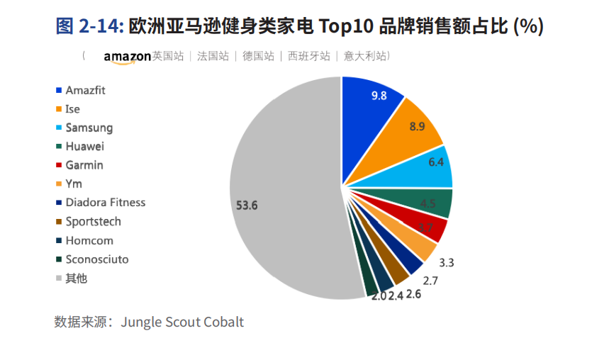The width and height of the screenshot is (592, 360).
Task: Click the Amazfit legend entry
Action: [85, 91]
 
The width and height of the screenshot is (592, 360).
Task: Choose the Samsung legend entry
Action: [89, 128]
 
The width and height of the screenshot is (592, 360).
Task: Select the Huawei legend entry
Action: [84, 147]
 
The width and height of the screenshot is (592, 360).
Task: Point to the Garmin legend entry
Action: [84, 165]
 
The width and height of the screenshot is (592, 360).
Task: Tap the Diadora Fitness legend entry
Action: [105, 203]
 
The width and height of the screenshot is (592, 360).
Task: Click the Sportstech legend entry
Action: [93, 221]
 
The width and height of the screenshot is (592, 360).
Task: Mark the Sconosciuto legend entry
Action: [97, 259]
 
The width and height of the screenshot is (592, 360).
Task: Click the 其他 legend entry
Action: [76, 279]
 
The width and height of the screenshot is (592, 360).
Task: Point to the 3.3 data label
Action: [447, 263]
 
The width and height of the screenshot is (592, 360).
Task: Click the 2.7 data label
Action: [430, 281]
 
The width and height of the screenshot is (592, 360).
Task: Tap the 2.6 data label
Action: [413, 293]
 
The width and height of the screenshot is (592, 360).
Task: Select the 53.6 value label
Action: [247, 206]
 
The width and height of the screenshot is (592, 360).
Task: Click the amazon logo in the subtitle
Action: [127, 57]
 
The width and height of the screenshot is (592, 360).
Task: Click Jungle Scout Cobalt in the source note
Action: [182, 322]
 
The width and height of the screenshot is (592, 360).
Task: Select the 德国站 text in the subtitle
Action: [258, 56]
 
